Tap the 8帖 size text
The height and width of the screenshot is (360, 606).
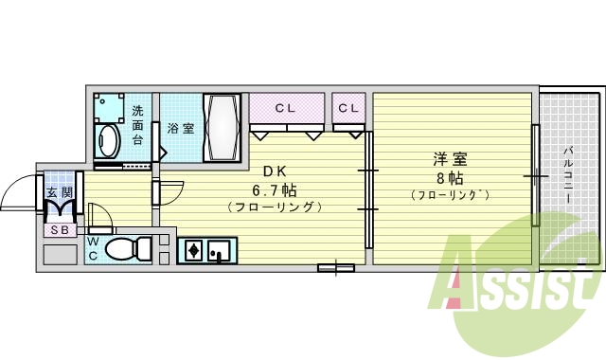tap(449, 177)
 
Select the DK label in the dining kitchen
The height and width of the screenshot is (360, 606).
tap(275, 171)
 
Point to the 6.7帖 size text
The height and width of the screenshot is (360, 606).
tap(275, 189)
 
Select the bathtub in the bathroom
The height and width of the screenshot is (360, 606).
tap(223, 128)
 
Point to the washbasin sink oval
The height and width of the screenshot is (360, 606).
tap(107, 143)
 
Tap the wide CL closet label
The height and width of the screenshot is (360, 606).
tap(286, 107)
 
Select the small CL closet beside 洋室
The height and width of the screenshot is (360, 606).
tap(348, 107)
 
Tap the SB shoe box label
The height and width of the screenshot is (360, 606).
tap(58, 230)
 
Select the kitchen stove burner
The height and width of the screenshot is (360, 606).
tap(194, 251)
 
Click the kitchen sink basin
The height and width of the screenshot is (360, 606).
tap(221, 251)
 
